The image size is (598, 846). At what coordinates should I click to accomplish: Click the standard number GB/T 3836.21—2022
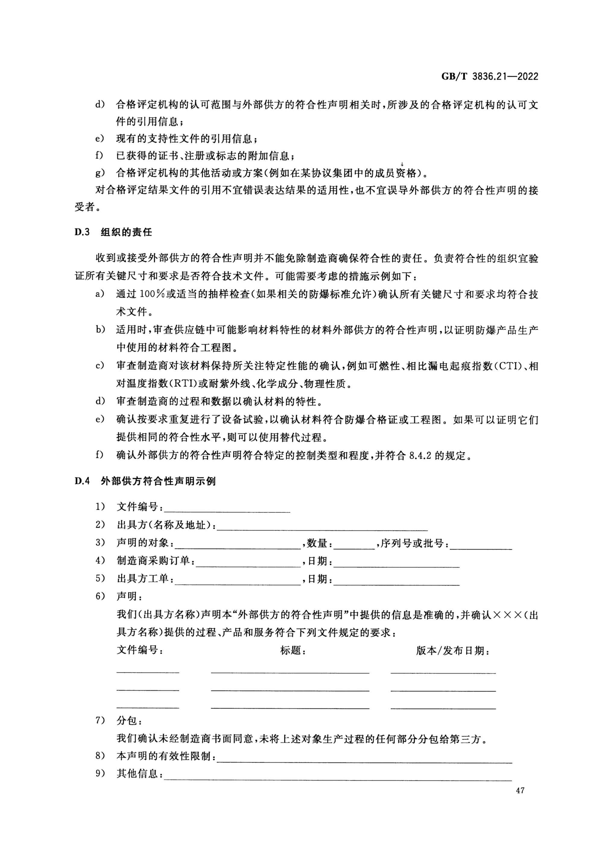point(489,77)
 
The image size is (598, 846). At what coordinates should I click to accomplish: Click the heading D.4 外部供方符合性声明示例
point(145,481)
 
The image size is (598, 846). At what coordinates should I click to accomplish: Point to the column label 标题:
point(293,651)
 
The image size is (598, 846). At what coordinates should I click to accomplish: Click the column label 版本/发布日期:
point(453,651)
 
